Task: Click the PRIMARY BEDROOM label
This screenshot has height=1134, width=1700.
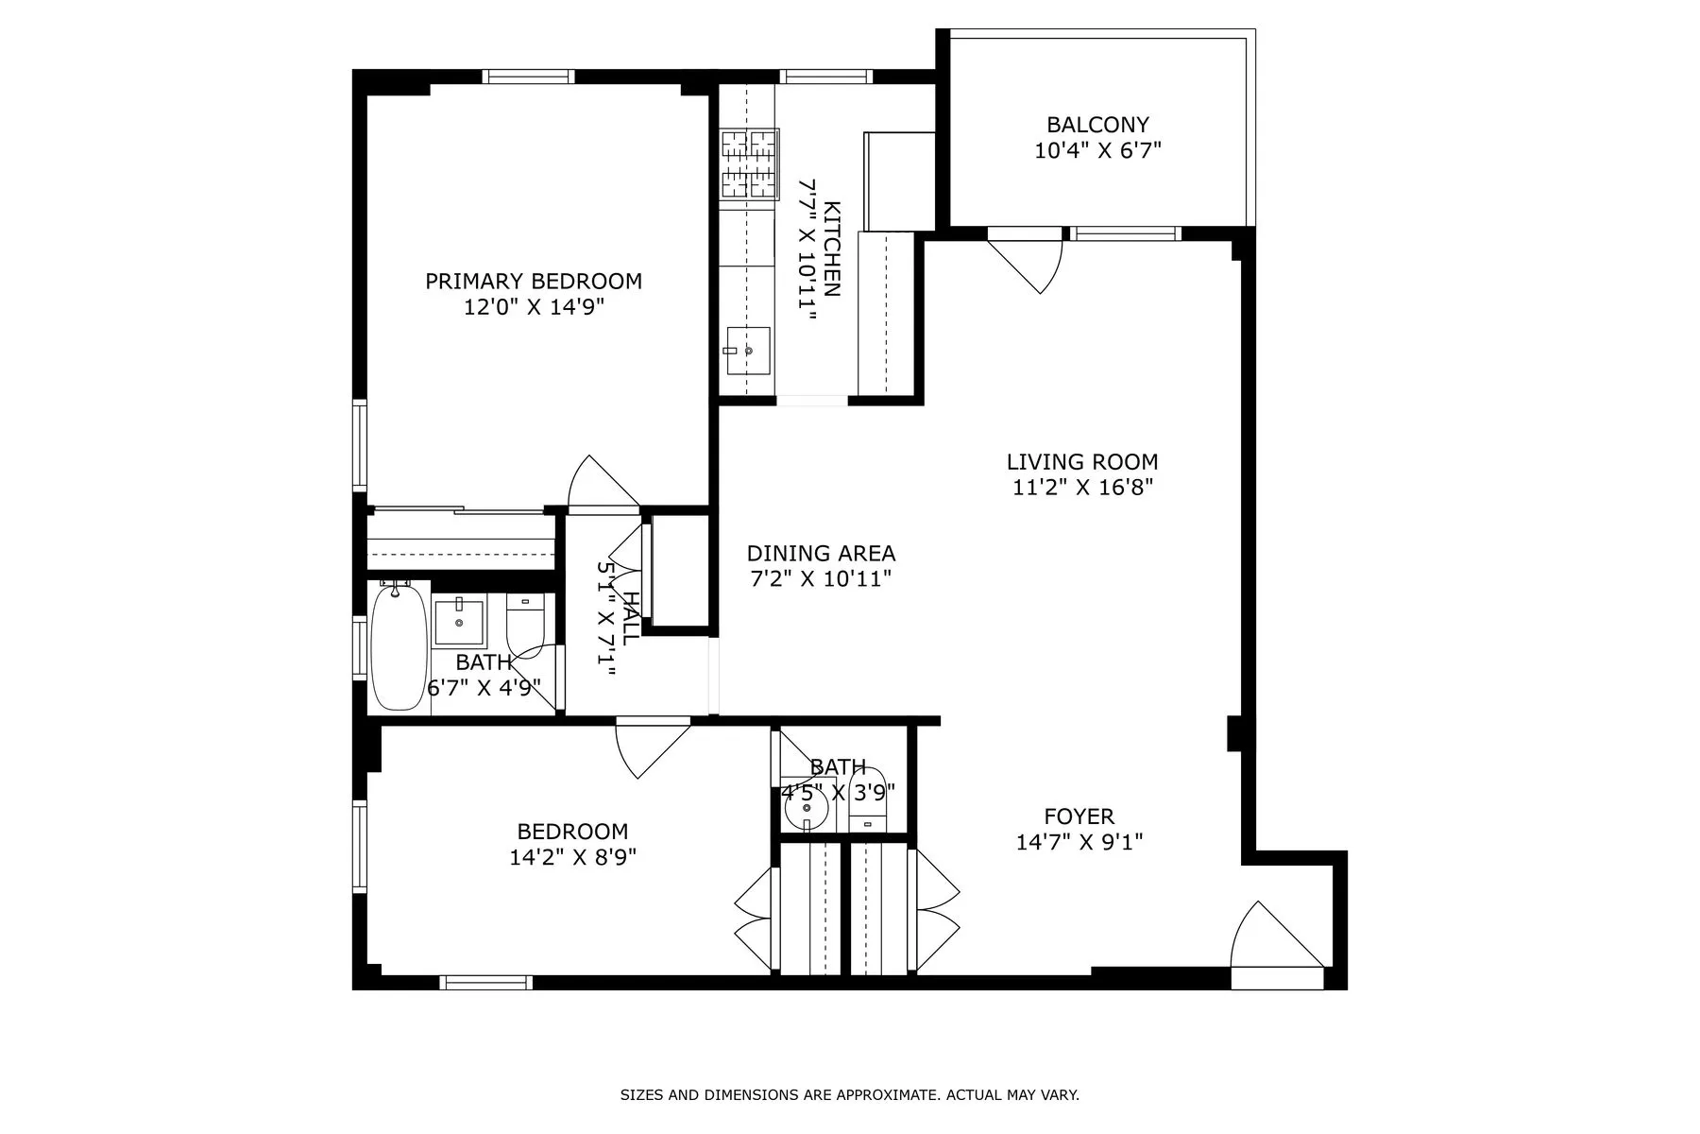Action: click(534, 281)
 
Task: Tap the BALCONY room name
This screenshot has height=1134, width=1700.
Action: click(1097, 125)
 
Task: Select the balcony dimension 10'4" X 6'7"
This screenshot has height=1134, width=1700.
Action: click(1097, 150)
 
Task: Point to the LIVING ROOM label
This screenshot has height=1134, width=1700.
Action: click(1081, 462)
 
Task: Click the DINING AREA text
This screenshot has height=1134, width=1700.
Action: click(821, 554)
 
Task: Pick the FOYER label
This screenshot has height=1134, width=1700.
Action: click(1079, 816)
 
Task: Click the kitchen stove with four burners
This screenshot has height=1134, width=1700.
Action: click(750, 164)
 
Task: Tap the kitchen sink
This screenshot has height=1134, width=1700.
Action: click(747, 350)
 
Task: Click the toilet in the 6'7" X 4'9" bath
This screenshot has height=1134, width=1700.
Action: click(525, 623)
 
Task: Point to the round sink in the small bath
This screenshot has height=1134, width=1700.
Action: click(807, 809)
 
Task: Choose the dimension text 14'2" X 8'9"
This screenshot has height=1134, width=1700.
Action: click(572, 858)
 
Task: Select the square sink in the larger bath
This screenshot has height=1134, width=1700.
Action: click(459, 622)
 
